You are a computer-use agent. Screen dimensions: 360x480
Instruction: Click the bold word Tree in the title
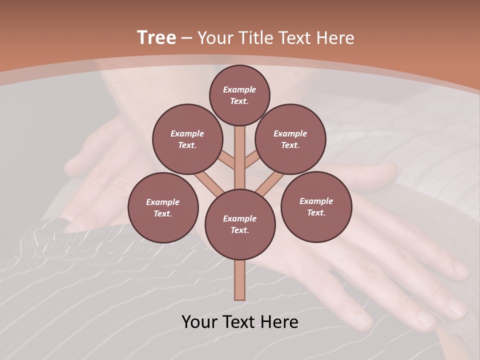156,37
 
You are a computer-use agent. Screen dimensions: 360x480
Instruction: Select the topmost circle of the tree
239,95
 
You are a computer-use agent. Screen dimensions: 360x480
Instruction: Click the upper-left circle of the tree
187,139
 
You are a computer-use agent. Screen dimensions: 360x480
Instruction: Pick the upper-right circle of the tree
290,139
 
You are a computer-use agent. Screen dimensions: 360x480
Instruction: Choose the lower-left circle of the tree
163,207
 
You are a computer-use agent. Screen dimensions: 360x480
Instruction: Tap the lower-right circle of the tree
316,206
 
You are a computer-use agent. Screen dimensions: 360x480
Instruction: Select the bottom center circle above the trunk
240,224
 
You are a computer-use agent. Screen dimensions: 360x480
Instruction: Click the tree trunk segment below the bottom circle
239,280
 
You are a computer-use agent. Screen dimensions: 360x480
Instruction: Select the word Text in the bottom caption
240,322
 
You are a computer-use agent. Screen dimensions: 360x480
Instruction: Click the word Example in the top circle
239,89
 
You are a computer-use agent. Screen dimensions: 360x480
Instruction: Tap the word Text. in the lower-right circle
316,212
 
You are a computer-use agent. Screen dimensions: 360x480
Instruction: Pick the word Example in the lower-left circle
162,202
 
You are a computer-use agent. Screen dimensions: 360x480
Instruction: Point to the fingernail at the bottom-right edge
456,306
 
